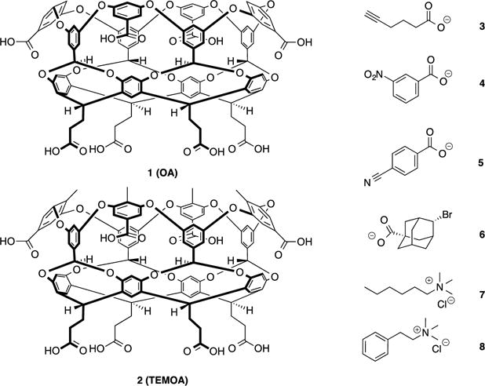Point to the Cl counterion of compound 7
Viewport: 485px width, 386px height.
[x=445, y=311]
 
